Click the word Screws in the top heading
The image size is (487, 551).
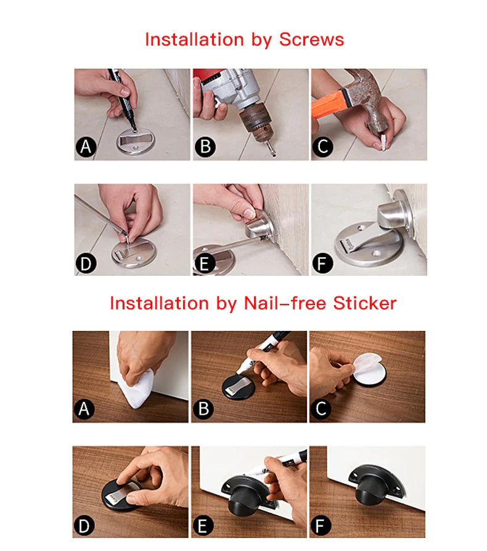[311, 39]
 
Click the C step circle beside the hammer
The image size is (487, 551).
[323, 147]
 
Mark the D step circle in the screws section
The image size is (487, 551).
[86, 263]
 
